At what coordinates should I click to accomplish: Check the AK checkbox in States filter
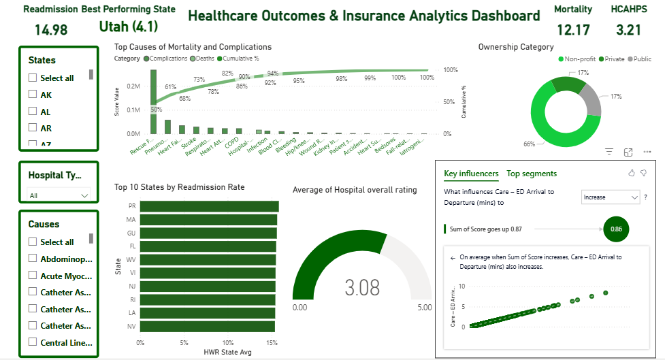pos(33,95)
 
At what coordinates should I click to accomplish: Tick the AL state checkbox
pos(33,112)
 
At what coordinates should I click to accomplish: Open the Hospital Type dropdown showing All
pos(59,195)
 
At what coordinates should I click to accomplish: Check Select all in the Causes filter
pos(33,242)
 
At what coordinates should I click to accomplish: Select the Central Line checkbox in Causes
pos(33,342)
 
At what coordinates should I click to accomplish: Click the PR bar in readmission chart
pos(210,206)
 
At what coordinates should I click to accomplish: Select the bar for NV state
pos(207,327)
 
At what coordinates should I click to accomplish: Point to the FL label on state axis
pos(131,246)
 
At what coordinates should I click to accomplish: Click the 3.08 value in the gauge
pos(362,288)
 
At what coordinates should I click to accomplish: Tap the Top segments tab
pos(532,174)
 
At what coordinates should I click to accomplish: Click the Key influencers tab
pos(471,174)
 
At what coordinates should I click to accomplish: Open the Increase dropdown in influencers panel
pos(611,197)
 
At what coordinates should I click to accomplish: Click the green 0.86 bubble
pos(616,229)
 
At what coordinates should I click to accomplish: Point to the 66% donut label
pos(529,144)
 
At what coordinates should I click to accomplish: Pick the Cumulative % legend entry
pos(238,59)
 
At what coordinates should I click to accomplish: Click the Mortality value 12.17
pos(572,30)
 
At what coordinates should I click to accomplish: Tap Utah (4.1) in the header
pos(128,27)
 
